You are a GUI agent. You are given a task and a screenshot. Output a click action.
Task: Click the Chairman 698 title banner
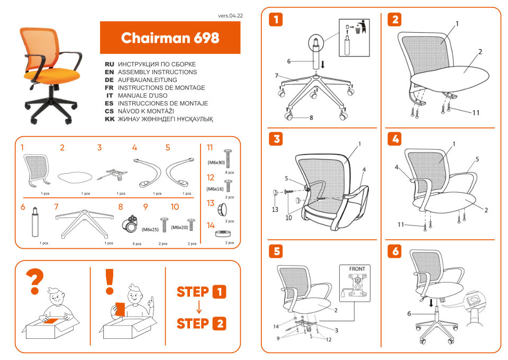point(170,38)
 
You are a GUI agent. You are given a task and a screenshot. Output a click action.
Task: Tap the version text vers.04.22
point(230,16)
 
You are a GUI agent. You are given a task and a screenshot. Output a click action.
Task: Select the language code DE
point(110,79)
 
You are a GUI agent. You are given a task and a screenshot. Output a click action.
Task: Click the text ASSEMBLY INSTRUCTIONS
point(157,71)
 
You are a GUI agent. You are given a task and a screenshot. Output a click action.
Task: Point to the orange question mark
point(35,282)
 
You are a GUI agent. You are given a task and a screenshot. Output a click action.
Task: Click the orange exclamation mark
point(110,281)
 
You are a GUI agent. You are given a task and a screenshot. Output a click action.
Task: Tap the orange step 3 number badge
point(276,139)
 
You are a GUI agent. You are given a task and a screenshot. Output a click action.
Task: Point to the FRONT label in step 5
point(357,269)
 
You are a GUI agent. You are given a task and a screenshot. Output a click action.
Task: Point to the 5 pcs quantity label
point(137,244)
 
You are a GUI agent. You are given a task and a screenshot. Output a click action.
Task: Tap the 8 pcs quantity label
point(230,172)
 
